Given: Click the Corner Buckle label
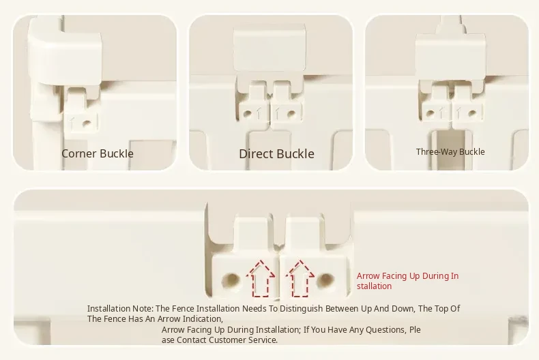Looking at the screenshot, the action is pos(98,153).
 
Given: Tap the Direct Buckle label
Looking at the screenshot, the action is pos(277,154).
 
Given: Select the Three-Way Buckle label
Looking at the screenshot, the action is pos(450,152).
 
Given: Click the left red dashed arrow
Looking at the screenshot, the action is pos(261,279).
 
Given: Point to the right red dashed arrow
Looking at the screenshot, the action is pos(300,279).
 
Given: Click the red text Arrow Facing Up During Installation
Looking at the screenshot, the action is pos(407,281).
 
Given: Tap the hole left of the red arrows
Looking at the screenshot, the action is pos(231,281).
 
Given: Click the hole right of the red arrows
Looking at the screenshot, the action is pos(325,281).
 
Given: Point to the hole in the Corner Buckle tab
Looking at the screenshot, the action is pos(87,123).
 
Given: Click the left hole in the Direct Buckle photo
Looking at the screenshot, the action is pos(247,113).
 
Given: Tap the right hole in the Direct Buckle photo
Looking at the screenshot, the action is pos(291,113).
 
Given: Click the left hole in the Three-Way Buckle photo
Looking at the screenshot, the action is pos(430,112).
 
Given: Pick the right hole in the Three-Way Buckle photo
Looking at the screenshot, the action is pos(472,112).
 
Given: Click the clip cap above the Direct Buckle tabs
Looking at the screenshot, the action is pos(269,48).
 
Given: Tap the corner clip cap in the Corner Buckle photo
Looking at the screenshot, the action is pos(65,52).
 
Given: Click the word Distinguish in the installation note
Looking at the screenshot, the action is pos(302,308).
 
